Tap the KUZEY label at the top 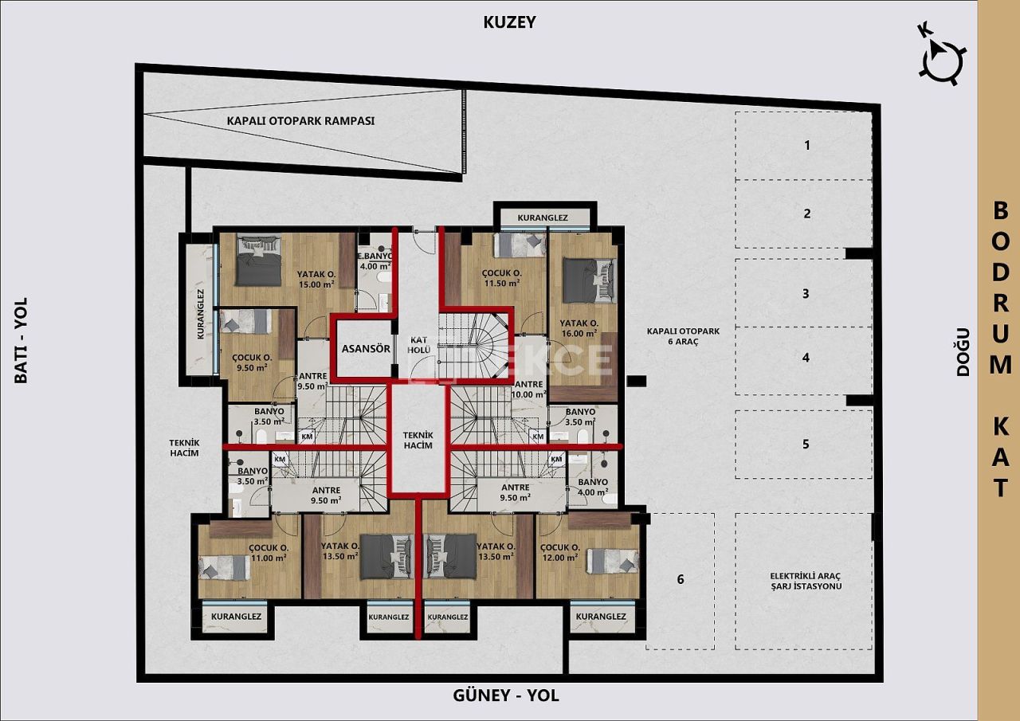(x=509, y=22)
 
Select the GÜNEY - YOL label (x=506, y=696)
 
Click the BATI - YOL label (x=21, y=340)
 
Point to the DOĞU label (x=963, y=351)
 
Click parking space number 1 (x=806, y=145)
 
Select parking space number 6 (x=680, y=579)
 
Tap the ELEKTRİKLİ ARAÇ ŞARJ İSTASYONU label (x=806, y=581)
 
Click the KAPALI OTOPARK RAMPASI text (x=300, y=121)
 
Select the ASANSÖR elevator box (x=365, y=348)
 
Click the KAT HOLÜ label (x=419, y=344)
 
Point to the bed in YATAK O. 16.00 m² (x=590, y=280)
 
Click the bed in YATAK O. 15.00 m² (x=258, y=261)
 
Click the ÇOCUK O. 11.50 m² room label (x=501, y=276)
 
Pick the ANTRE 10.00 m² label (x=529, y=389)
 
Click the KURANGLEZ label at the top (x=542, y=217)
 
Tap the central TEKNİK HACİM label (x=418, y=440)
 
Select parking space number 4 (x=806, y=358)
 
